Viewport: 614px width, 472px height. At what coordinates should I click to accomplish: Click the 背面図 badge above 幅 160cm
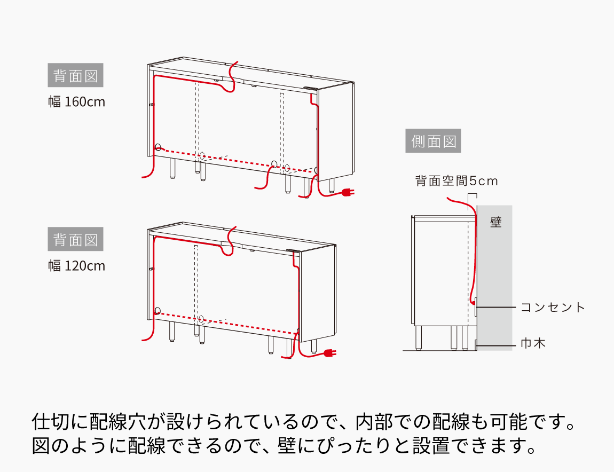(x=75, y=76)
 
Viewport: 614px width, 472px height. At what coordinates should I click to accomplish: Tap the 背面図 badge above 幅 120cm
(x=75, y=240)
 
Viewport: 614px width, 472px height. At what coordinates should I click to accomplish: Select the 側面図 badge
(x=433, y=142)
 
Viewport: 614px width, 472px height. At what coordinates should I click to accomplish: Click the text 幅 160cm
(x=77, y=101)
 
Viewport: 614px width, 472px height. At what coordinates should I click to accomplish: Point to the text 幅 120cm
(x=77, y=265)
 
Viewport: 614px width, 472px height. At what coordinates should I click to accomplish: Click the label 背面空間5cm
(x=456, y=181)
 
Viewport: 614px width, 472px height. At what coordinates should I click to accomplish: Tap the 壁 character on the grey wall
(x=496, y=222)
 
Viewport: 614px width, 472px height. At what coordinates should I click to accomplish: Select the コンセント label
(x=553, y=308)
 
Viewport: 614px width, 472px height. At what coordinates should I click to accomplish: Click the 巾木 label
(x=533, y=343)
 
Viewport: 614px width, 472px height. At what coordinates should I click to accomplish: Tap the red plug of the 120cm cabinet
(x=329, y=353)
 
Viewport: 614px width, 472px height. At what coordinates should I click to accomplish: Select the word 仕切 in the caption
(x=51, y=422)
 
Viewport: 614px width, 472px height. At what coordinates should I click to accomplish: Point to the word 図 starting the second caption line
(x=42, y=445)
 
